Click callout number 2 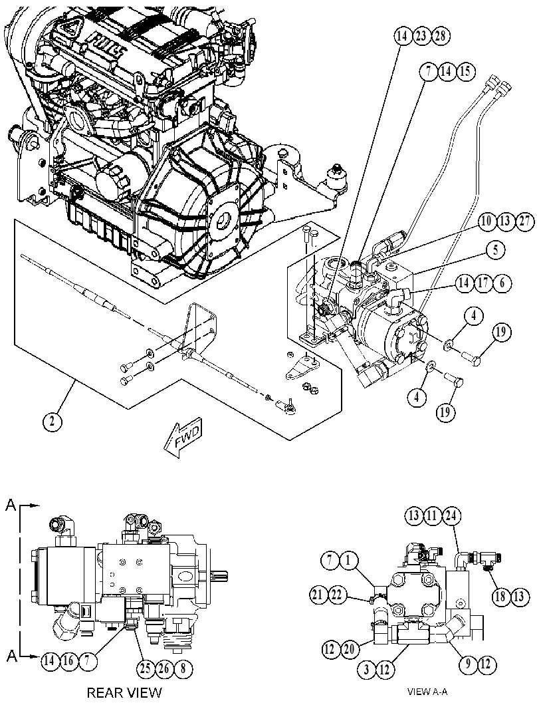(53, 422)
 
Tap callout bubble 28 (441, 36)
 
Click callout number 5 (496, 250)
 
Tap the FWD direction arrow (183, 438)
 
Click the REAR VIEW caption (124, 692)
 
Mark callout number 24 (452, 516)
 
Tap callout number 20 (349, 648)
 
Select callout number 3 (366, 670)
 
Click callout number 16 (69, 660)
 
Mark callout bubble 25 (146, 669)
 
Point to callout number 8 (183, 669)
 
